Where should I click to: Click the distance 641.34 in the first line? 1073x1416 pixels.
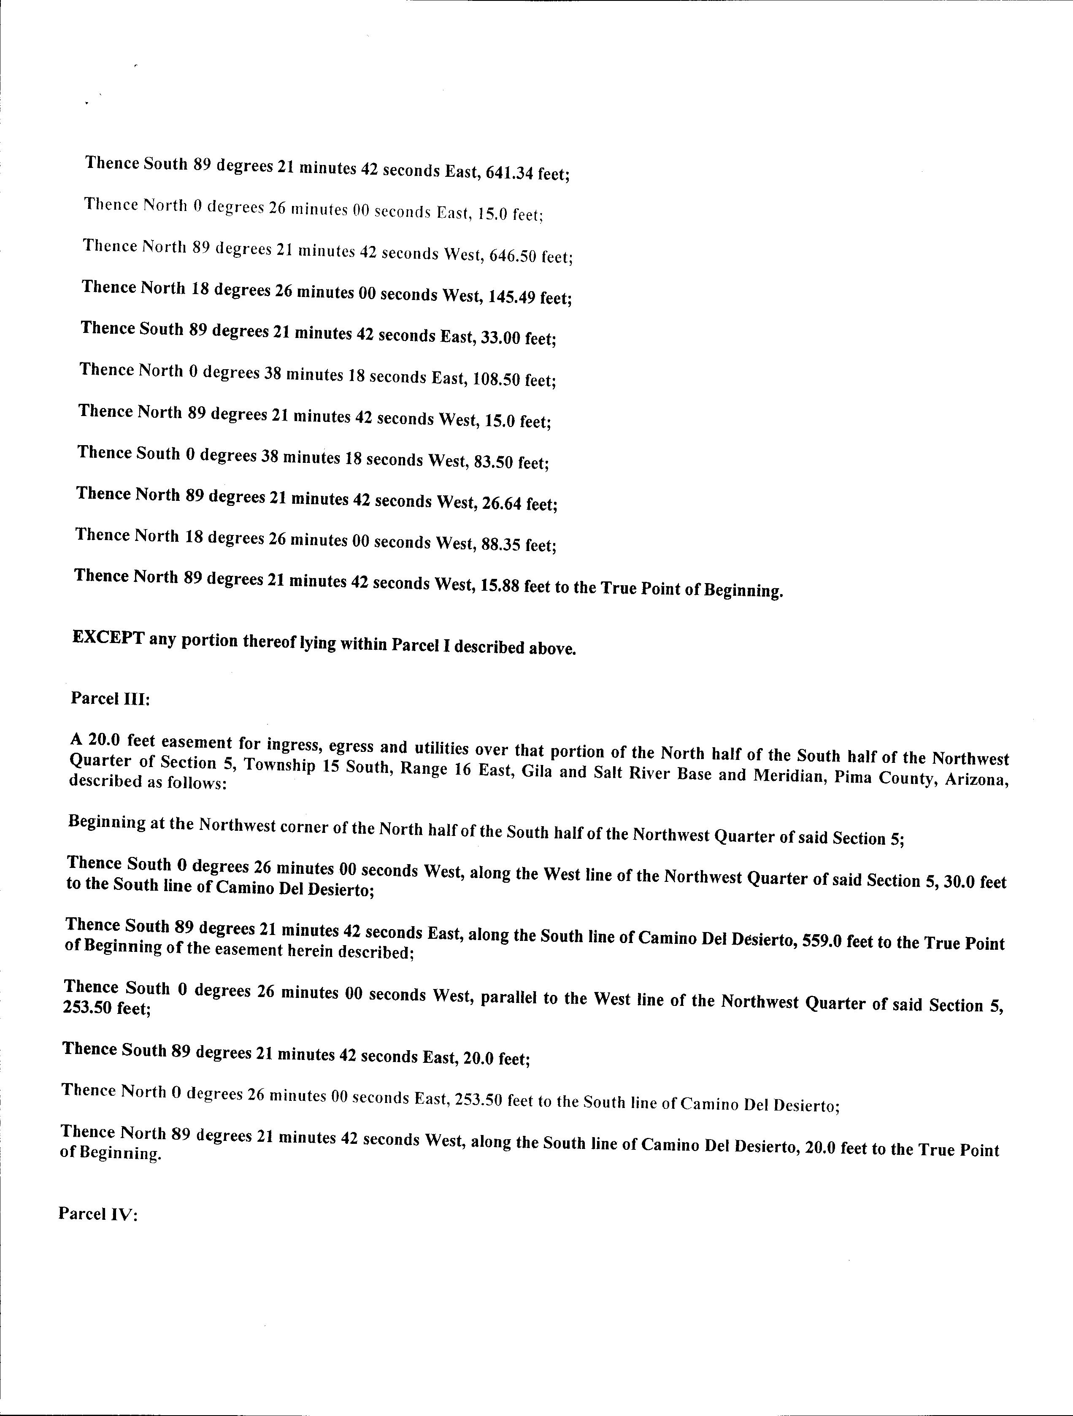click(510, 172)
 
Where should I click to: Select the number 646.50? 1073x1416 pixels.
click(513, 256)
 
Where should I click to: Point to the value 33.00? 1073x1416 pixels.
click(499, 338)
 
